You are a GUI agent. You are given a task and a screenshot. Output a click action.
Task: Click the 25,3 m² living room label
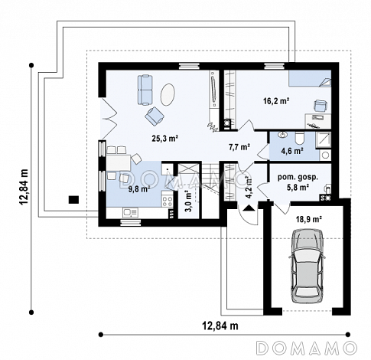(x=164, y=139)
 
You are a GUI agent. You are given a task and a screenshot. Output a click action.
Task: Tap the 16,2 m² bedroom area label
(x=276, y=101)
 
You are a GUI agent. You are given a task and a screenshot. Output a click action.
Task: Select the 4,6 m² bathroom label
(x=292, y=151)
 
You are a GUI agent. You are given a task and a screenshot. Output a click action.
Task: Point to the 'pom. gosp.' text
(x=298, y=178)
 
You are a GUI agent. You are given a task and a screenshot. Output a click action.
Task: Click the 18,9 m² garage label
(x=308, y=219)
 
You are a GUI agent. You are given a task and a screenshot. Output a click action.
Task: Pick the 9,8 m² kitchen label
(x=138, y=189)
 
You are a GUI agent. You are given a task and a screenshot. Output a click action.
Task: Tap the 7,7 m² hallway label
(x=239, y=147)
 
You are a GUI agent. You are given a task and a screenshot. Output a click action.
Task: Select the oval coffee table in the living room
(x=168, y=94)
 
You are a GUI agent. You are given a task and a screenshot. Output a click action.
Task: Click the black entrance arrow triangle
(x=249, y=208)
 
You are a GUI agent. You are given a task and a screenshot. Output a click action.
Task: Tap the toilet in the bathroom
(x=299, y=139)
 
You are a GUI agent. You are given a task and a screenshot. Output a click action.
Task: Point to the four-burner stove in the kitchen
(x=168, y=200)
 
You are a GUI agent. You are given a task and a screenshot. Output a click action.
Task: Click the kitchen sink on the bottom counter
(x=130, y=212)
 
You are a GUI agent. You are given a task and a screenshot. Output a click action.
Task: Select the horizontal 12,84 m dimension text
(x=220, y=326)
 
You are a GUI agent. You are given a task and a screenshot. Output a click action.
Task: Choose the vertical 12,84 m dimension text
(x=24, y=187)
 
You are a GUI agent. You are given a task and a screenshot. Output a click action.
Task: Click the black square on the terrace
(x=73, y=200)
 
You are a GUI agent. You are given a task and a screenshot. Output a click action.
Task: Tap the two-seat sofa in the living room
(x=145, y=90)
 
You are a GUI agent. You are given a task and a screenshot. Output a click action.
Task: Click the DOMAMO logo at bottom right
(x=307, y=347)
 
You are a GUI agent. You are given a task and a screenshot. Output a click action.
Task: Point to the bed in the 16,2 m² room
(x=310, y=79)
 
